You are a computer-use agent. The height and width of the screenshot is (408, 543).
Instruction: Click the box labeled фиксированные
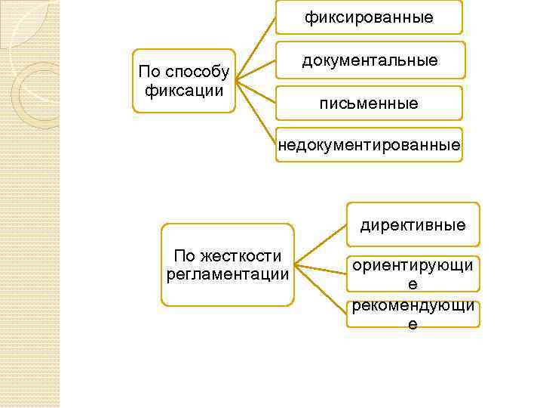click(x=369, y=17)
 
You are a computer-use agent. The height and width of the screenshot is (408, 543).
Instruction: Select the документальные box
click(x=369, y=60)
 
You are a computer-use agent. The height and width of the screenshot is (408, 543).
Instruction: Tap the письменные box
click(x=369, y=103)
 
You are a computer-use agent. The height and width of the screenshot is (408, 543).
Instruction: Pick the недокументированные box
click(x=369, y=144)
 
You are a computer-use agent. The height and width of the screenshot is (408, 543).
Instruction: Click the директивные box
click(x=413, y=224)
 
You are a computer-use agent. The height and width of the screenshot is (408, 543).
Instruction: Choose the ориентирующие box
click(x=413, y=274)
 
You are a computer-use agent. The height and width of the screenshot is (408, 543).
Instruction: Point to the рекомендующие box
click(x=413, y=314)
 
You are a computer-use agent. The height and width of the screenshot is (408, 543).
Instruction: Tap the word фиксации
click(x=184, y=91)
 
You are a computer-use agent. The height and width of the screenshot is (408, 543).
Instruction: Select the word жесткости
click(x=243, y=255)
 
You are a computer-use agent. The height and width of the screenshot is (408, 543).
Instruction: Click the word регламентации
click(x=228, y=274)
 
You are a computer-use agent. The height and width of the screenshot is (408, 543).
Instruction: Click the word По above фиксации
click(x=149, y=73)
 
